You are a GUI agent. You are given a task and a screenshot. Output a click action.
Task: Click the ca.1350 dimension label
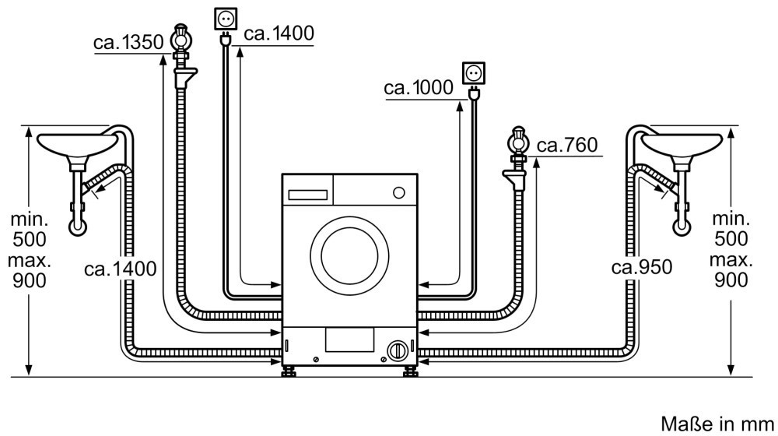pyautogui.click(x=126, y=43)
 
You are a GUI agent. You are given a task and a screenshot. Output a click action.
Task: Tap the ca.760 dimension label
pyautogui.click(x=566, y=146)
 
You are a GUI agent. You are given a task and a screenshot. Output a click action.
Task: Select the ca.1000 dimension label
pyautogui.click(x=418, y=89)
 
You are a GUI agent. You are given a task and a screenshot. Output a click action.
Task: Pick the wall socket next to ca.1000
pyautogui.click(x=473, y=73)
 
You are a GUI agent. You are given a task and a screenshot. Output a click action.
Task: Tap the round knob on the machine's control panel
pyautogui.click(x=399, y=192)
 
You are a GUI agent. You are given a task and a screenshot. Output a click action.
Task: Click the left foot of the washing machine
pyautogui.click(x=290, y=368)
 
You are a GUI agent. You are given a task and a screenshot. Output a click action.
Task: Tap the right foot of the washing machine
pyautogui.click(x=409, y=368)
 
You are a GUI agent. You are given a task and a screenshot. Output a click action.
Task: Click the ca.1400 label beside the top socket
pyautogui.click(x=278, y=33)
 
